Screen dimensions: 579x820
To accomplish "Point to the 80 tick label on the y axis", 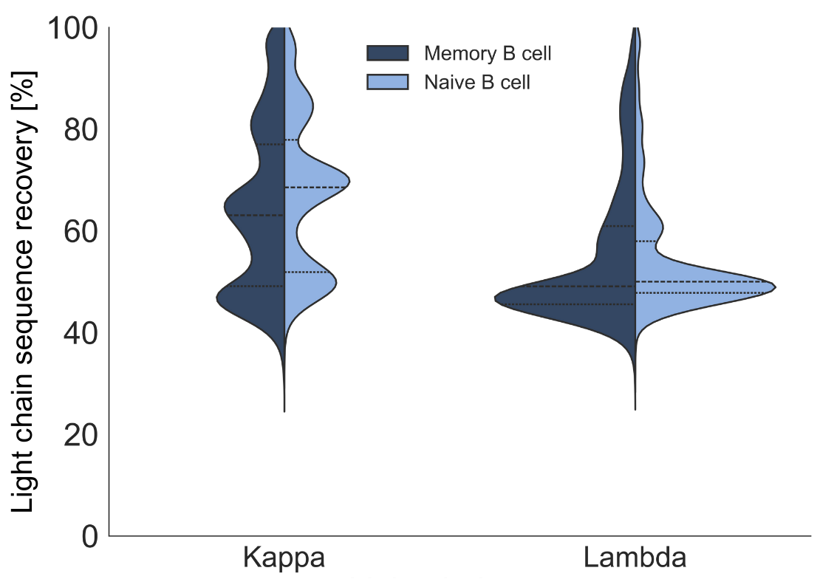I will (82, 131).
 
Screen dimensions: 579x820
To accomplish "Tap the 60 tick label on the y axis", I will (82, 232).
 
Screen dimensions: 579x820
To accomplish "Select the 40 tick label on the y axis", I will (82, 333).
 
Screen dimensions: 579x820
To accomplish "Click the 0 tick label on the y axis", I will (89, 536).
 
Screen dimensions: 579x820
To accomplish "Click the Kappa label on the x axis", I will (284, 558).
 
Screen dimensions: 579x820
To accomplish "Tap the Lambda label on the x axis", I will (635, 558).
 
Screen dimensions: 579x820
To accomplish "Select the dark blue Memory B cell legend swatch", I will (388, 53).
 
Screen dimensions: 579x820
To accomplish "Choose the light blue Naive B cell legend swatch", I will (388, 82).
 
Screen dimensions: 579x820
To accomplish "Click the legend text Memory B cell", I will (488, 53).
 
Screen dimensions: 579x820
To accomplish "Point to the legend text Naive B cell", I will (476, 82).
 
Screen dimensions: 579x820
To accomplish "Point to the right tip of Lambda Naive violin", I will (774, 287).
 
